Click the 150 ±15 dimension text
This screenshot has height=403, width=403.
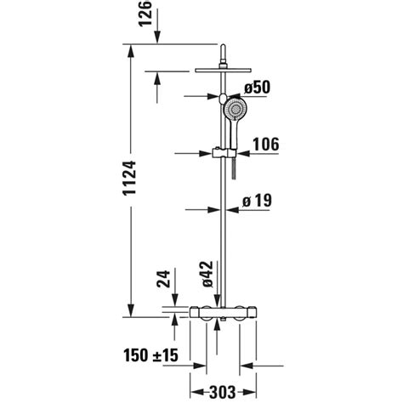coord(150,354)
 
